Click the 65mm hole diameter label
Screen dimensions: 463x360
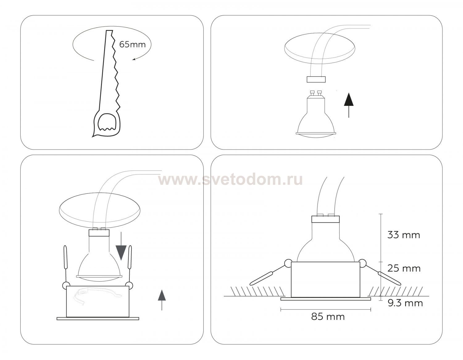132,44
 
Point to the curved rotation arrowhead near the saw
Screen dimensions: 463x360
134,60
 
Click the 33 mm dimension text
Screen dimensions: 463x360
403,235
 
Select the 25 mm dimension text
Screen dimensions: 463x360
404,268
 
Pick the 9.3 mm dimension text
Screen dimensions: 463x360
405,303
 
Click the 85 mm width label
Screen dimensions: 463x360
328,317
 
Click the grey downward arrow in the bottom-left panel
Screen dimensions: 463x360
121,246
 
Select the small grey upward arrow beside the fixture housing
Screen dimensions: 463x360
162,300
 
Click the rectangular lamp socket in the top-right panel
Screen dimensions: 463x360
316,79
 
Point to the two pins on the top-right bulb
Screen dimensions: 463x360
316,93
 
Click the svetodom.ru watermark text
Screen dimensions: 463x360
230,180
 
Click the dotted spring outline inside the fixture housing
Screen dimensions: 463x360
97,296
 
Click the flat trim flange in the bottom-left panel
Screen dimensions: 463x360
98,319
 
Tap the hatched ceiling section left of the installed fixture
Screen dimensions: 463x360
258,292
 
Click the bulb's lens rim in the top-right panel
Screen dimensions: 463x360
316,134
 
